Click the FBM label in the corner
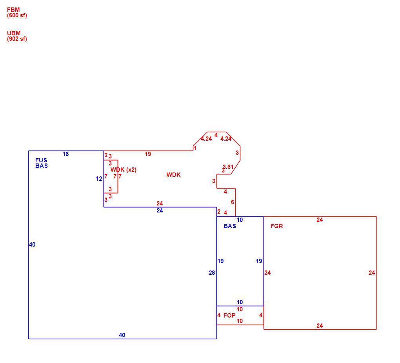point(13,10)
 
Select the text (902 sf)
point(17,39)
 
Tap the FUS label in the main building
point(41,160)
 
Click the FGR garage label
point(276,226)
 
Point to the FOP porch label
point(229,316)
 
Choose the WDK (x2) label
point(124,170)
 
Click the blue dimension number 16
point(65,154)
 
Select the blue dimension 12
point(99,179)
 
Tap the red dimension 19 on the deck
point(148,154)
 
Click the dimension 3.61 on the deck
point(228,167)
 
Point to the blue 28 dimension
point(212,273)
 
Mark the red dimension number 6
point(233,202)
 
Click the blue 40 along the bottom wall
point(122,335)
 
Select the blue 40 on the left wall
point(32,245)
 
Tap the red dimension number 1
point(195,148)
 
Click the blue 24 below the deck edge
point(160,211)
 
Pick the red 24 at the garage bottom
point(320,326)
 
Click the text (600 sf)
point(17,15)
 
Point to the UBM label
point(14,33)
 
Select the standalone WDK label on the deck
point(173,175)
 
